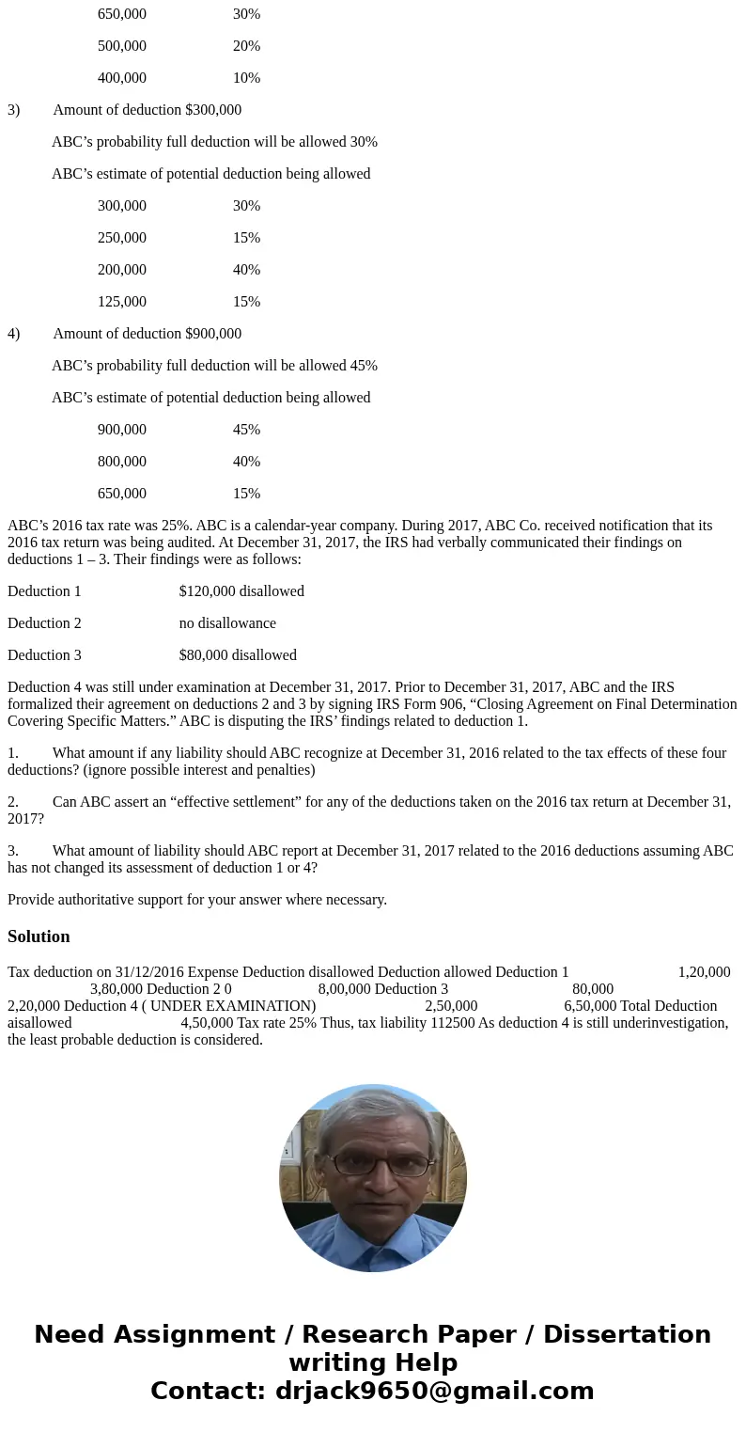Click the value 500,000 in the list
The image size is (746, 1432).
tap(122, 46)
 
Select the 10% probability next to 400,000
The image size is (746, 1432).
tap(246, 78)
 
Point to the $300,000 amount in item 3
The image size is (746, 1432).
tap(213, 110)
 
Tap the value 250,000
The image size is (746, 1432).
tap(122, 238)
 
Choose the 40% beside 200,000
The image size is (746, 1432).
tap(246, 270)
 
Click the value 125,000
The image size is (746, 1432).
tap(122, 302)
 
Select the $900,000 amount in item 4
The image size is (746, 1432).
tap(213, 334)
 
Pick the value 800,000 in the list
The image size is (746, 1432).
tap(122, 462)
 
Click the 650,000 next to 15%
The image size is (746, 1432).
tap(122, 494)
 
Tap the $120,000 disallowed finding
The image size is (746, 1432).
tap(241, 591)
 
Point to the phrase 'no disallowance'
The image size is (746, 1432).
tap(227, 623)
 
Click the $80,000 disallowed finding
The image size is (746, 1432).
tap(238, 655)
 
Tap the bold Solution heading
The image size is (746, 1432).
tap(39, 936)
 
